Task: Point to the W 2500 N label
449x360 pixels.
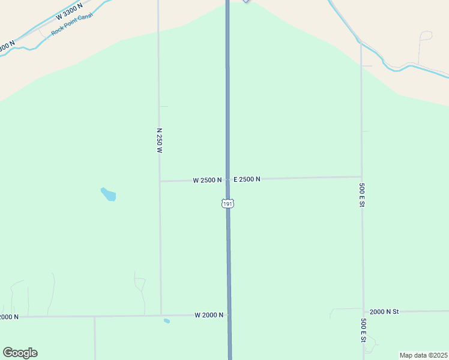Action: [207, 180]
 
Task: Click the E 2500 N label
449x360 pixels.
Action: [247, 179]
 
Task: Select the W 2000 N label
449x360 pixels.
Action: [209, 315]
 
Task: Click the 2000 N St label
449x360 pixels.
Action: [384, 312]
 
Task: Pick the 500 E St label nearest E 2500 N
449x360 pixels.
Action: [362, 196]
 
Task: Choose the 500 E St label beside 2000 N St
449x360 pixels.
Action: [363, 330]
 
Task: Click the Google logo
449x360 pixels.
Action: [20, 353]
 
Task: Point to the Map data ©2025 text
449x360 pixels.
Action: [423, 355]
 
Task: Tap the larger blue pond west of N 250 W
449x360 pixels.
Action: [108, 194]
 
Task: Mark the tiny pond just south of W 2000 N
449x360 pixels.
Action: [166, 321]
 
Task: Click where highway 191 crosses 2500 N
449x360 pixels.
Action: [228, 179]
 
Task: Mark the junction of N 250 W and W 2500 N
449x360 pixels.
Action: [160, 181]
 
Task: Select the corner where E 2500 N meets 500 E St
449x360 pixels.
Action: [361, 177]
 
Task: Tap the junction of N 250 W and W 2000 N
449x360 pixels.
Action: [161, 315]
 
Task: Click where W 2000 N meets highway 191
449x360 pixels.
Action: [229, 314]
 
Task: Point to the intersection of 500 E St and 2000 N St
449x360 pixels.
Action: [363, 312]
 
